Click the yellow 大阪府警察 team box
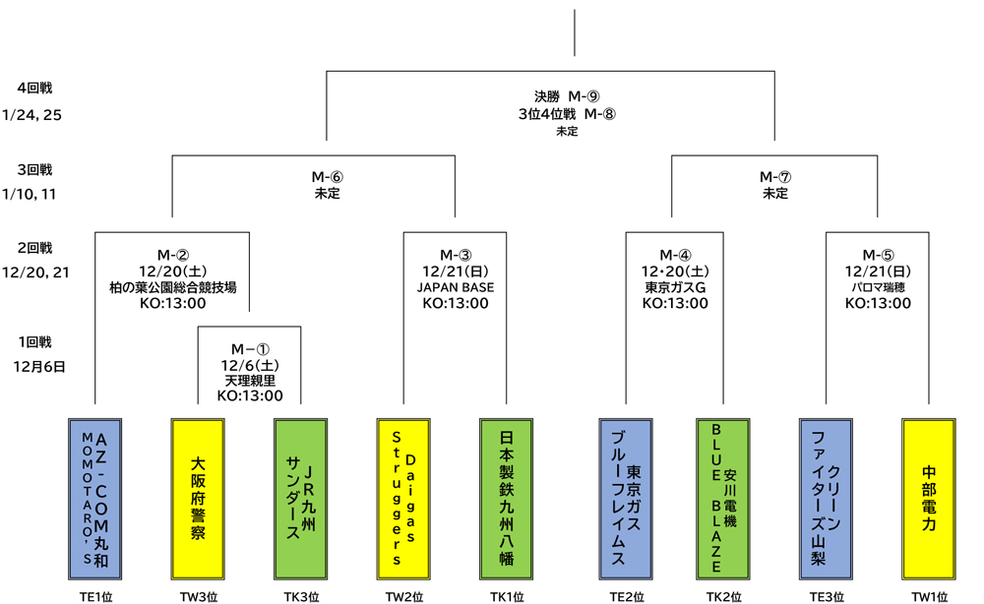pos(198,499)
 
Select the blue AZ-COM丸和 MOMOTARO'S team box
pos(95,499)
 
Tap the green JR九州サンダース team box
pos(300,499)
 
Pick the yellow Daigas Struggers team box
pos(402,499)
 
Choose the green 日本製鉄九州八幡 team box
pos(506,499)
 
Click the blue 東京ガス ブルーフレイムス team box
pos(626,499)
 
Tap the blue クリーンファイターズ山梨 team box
pos(826,499)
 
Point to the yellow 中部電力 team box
pos(929,499)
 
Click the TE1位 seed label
pos(95,596)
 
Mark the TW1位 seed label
pos(929,596)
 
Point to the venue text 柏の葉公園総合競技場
pos(172,287)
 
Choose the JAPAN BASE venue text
pos(456,287)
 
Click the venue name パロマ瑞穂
pos(878,287)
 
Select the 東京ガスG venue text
pos(675,287)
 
